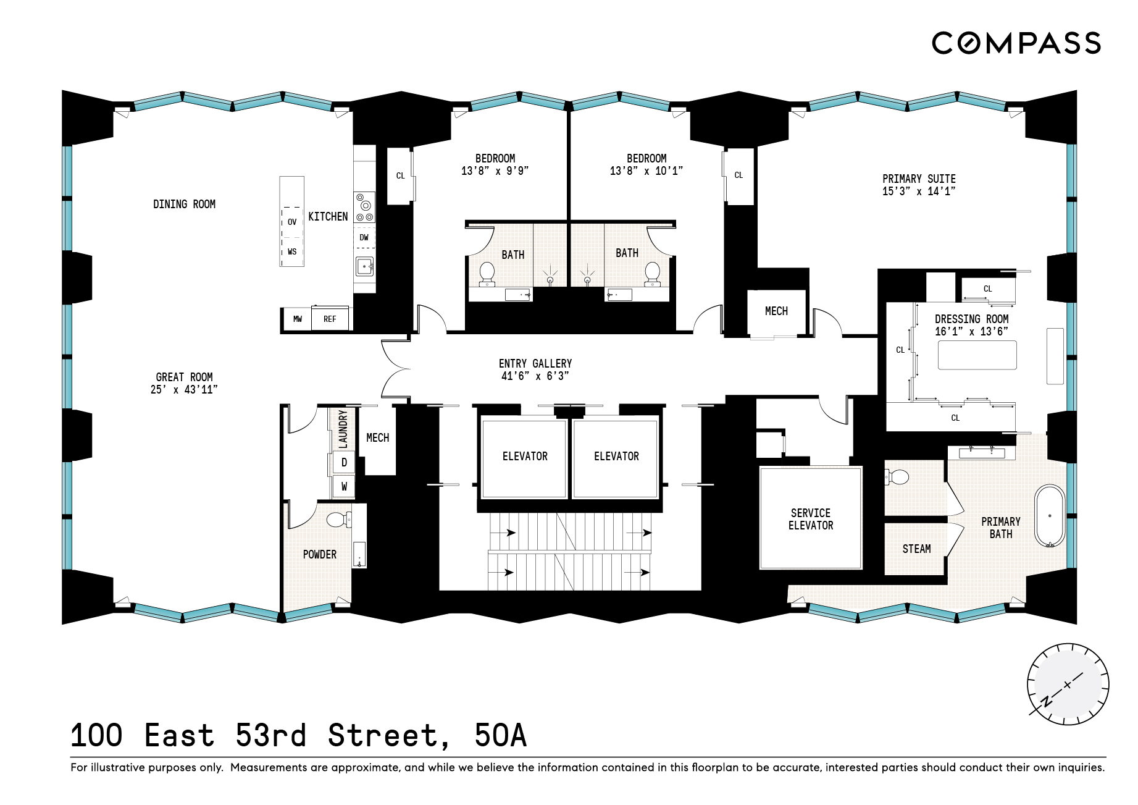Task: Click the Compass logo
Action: pos(1016,43)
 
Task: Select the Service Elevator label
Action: pos(811,519)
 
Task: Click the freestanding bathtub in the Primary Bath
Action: pos(1050,516)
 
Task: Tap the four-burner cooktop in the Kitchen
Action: pos(364,207)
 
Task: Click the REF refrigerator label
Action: pos(330,319)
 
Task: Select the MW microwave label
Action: pos(298,319)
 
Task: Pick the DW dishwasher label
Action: pos(364,237)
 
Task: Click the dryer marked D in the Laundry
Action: pos(344,463)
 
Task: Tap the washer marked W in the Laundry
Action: pos(344,487)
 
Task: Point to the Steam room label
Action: pos(916,549)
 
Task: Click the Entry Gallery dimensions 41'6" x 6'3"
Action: pos(535,376)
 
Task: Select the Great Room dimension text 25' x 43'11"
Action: pos(184,390)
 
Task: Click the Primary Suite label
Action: pos(919,179)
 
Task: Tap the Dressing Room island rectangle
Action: pos(977,355)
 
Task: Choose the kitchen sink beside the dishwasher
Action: pos(364,266)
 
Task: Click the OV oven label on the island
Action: pos(292,222)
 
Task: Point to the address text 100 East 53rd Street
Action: pos(259,736)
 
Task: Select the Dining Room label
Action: pos(184,204)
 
